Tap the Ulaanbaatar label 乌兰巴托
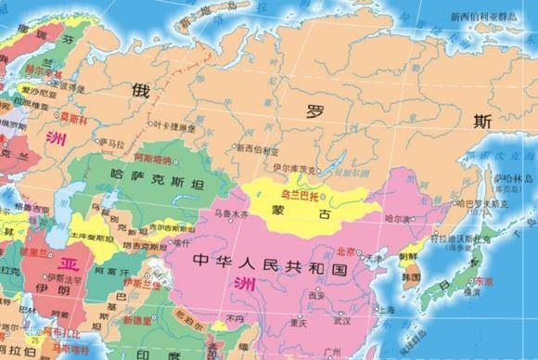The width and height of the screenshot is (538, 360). coord(299,197)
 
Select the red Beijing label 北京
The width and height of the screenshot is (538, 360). coord(345,251)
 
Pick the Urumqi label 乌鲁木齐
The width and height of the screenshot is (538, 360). coord(231,213)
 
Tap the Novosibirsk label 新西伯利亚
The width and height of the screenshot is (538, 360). coord(257,148)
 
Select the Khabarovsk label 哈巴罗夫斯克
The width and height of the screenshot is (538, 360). coord(482,202)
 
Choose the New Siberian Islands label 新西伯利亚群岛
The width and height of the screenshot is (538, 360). coord(481,16)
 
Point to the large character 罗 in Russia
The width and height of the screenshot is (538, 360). coord(316,110)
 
